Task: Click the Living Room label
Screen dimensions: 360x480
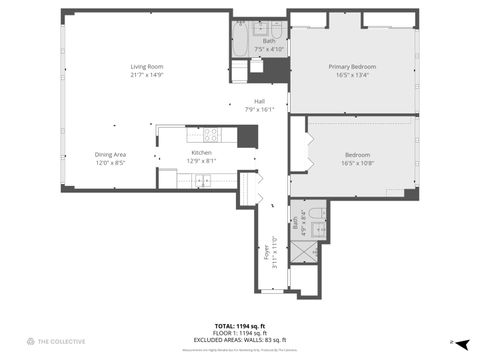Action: (145, 67)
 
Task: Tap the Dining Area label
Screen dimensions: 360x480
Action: (110, 154)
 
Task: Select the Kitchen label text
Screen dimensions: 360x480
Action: (201, 153)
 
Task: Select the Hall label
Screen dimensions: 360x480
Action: (259, 101)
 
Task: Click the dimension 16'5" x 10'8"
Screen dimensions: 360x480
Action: (357, 162)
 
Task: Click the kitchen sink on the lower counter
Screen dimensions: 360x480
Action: (201, 181)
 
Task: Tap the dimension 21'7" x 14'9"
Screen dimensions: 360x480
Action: (145, 75)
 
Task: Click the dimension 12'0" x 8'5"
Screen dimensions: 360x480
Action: (110, 162)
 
